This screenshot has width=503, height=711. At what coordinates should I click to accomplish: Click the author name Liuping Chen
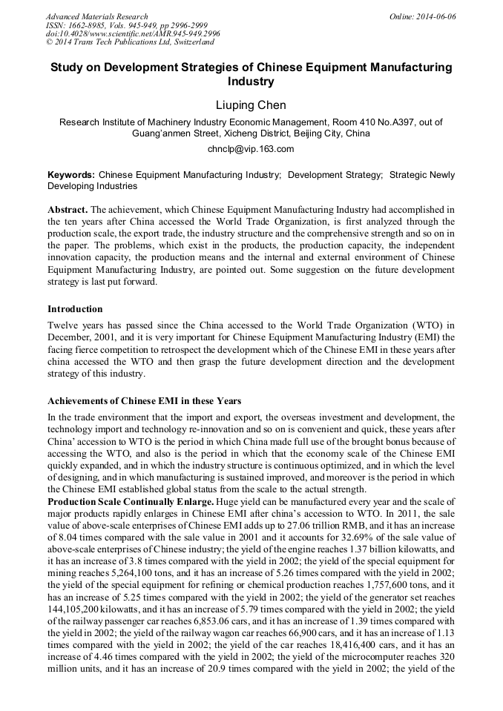click(251, 105)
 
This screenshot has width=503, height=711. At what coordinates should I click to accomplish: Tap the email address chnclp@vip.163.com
click(251, 148)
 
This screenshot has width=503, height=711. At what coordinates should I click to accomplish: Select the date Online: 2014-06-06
click(423, 16)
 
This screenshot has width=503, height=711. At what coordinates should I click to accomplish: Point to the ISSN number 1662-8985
click(87, 25)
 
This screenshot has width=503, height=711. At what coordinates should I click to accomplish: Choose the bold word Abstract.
click(68, 210)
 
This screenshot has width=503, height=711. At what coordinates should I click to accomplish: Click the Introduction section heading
click(75, 308)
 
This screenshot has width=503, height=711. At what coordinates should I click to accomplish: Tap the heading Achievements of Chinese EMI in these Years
click(144, 401)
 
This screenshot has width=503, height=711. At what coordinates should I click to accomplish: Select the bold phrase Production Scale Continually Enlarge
click(130, 502)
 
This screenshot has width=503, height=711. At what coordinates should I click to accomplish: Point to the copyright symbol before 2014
click(50, 42)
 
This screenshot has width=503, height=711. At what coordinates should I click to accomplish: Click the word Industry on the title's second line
click(251, 82)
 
